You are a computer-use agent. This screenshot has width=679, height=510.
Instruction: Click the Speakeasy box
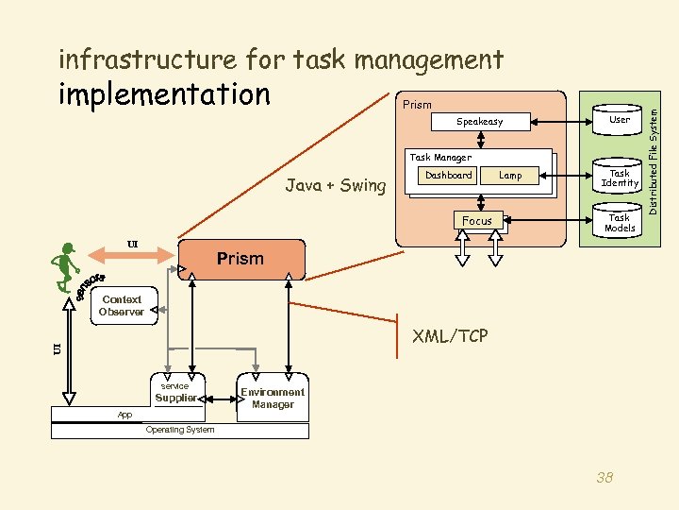[x=480, y=122]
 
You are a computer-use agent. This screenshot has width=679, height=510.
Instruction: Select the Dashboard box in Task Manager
[x=448, y=176]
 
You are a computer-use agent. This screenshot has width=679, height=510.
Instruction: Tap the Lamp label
[x=510, y=176]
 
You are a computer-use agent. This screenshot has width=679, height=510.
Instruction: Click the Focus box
[x=477, y=221]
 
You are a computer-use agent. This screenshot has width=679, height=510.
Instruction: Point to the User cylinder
[x=620, y=120]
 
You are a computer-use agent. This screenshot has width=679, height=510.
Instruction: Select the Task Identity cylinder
[x=620, y=178]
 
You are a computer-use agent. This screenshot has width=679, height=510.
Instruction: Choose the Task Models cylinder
[x=620, y=223]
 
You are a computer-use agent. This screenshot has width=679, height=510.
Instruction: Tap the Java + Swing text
[x=336, y=186]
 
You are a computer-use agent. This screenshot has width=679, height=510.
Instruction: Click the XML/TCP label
[x=450, y=335]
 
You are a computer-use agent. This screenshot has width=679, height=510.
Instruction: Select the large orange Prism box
[x=241, y=259]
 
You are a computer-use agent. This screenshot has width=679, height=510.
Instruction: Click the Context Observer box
[x=121, y=306]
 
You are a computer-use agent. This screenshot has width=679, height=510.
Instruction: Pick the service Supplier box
[x=175, y=393]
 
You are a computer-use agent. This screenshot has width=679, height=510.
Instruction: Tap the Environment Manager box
[x=273, y=398]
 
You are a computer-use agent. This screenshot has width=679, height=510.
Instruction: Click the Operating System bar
[x=179, y=431]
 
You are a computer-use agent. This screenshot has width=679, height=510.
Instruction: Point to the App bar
[x=124, y=415]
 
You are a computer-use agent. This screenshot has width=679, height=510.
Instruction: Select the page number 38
[x=604, y=478]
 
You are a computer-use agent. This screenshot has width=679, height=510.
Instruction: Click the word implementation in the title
[x=164, y=94]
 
